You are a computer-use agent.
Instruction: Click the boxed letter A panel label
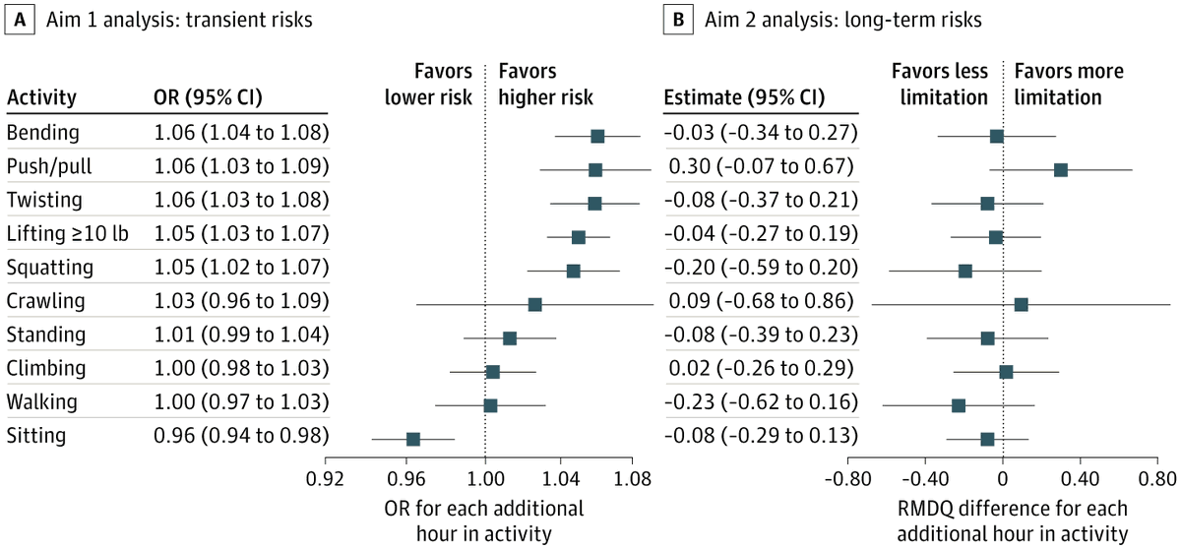point(20,20)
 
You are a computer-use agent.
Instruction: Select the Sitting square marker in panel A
point(413,439)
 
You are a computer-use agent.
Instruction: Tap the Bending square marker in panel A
point(597,136)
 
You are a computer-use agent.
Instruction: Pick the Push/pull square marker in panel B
point(1060,169)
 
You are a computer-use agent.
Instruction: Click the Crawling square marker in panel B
point(1021,304)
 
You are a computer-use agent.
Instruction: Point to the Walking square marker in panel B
point(959,405)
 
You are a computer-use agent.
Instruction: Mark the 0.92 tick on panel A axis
point(326,481)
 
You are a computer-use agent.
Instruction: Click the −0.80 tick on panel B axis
point(846,481)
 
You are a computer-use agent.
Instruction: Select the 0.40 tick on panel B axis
point(1080,481)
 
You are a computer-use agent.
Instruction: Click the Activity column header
point(41,98)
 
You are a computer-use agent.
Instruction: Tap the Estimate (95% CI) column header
point(745,98)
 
